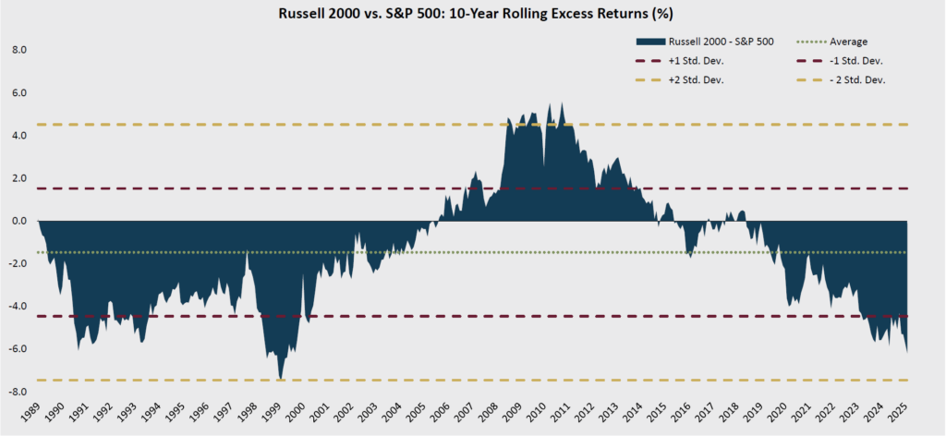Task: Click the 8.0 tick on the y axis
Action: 19,50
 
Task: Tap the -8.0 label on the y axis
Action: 18,392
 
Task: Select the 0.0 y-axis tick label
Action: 19,221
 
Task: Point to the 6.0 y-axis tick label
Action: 19,92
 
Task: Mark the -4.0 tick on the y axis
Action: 18,307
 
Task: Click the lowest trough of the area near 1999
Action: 280,379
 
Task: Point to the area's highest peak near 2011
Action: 562,103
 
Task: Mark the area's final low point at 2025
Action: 907,351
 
